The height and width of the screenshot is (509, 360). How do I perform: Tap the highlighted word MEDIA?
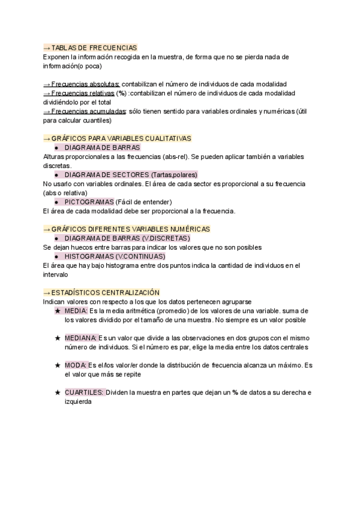76,311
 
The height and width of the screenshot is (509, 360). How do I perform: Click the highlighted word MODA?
76,365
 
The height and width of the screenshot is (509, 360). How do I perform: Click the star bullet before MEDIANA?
58,338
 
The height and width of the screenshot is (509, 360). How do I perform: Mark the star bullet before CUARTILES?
58,393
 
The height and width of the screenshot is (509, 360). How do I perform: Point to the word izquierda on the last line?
78,402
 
